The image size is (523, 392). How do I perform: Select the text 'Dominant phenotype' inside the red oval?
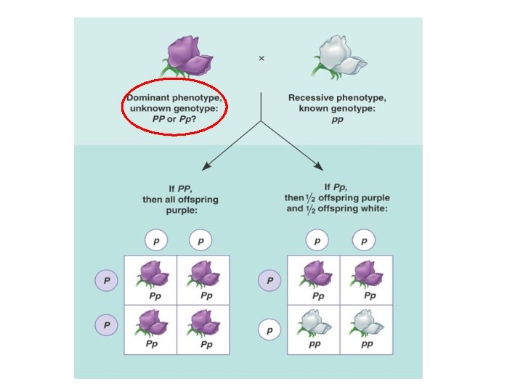pyautogui.click(x=174, y=97)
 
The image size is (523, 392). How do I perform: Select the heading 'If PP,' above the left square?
pyautogui.click(x=180, y=188)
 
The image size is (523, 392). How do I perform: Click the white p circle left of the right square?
pyautogui.click(x=270, y=330)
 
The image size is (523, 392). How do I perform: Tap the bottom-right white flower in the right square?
pyautogui.click(x=367, y=322)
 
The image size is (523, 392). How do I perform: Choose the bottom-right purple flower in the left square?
pyautogui.click(x=204, y=322)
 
